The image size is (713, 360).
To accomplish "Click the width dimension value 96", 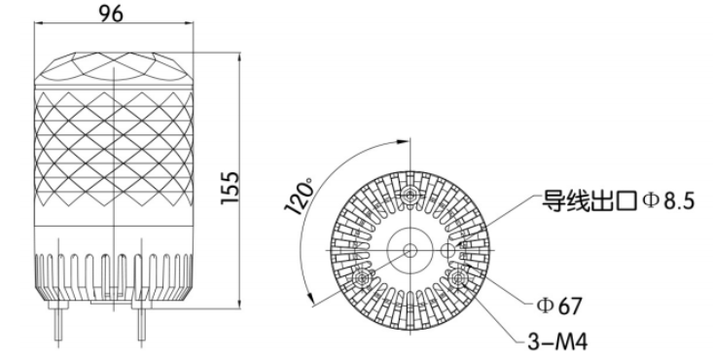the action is click(x=112, y=14).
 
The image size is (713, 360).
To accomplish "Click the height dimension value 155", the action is click(x=231, y=188).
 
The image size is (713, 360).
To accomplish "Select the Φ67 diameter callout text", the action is click(x=559, y=306).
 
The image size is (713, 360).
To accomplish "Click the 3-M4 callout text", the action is click(x=557, y=342).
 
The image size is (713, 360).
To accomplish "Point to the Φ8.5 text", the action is click(x=669, y=200).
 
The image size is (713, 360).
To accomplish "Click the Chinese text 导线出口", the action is click(x=589, y=200).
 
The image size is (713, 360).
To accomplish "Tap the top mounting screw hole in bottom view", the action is click(x=410, y=196).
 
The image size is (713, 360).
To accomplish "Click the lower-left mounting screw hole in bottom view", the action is click(x=363, y=277).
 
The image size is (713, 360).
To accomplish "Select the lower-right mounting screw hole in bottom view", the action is click(x=457, y=277).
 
